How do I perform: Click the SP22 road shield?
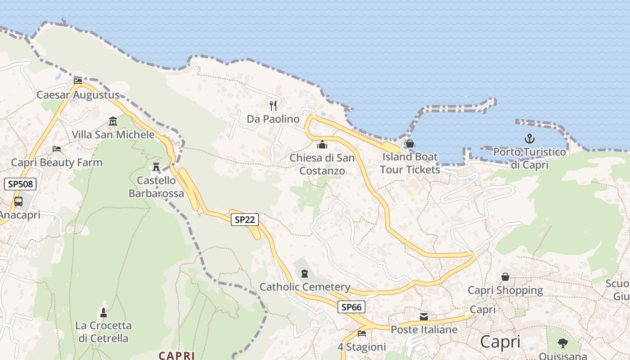coord(245,220)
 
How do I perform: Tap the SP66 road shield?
coord(351,307)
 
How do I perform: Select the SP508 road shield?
coord(20,184)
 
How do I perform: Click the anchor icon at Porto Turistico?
coord(529,139)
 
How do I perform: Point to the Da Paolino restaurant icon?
coord(273,106)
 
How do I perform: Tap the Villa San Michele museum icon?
coord(112,121)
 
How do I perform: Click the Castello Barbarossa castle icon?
coord(156,167)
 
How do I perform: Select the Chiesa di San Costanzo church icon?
coord(322,144)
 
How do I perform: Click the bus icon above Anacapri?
coord(18,202)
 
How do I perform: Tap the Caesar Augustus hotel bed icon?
coord(78,81)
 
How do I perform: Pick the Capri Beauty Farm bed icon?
coord(57,149)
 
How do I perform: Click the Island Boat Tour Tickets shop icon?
coord(409,144)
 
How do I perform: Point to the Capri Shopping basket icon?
coord(505,277)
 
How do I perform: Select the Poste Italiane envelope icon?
coord(423,317)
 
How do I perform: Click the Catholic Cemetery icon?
coord(305,274)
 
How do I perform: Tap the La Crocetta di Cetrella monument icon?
coord(103,312)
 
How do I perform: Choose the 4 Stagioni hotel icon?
coord(361,333)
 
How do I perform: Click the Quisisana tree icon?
coord(562,343)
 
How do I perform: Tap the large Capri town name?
coord(500,342)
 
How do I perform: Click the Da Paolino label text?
coord(273,119)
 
